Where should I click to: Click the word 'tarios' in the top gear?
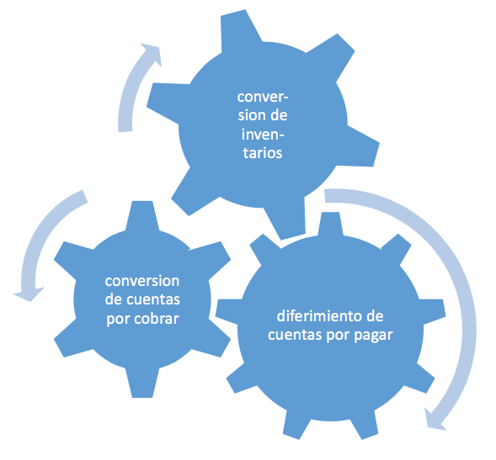point(263,153)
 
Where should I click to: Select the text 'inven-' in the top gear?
point(263,135)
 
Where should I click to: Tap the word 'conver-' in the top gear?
point(263,97)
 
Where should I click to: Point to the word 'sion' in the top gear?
point(248,115)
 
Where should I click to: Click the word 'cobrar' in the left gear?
point(157,319)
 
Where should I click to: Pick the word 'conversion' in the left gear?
point(142,281)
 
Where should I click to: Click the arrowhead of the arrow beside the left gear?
point(29,293)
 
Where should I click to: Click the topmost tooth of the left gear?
point(142,214)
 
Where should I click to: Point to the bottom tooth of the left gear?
point(142,383)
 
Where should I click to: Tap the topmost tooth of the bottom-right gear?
point(330,224)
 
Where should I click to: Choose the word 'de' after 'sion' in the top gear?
point(279,115)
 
